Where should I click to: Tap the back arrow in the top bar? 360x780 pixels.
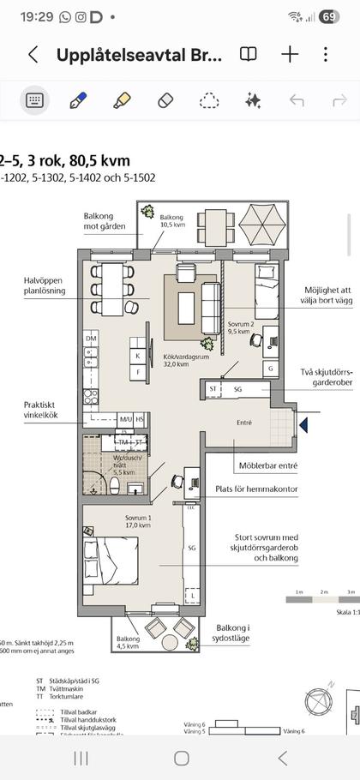point(33,55)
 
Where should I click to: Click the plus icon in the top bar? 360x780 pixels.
point(290,55)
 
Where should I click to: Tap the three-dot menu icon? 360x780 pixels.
point(326,55)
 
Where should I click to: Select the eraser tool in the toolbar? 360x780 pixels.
point(166,100)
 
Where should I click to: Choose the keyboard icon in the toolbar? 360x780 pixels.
point(35,100)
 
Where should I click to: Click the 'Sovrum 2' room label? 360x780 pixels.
point(242,326)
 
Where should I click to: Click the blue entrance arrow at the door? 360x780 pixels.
point(303,422)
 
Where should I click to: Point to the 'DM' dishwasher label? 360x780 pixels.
point(91,339)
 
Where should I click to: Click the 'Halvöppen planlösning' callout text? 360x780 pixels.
point(43,285)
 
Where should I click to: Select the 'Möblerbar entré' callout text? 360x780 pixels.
point(271,466)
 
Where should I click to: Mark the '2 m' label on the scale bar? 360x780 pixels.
point(324,592)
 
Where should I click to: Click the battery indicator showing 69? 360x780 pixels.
point(329,16)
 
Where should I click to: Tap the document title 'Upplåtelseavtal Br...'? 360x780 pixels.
point(139,55)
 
